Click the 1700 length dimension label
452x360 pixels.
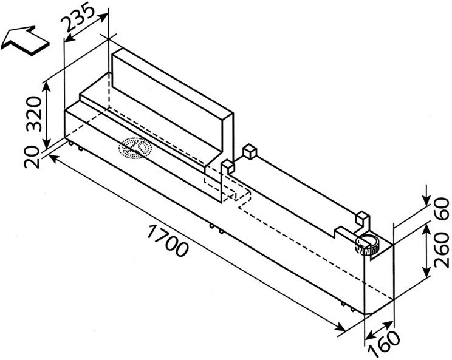pos(167,240)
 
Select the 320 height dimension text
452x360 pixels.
pos(34,114)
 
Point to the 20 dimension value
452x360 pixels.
pos(32,157)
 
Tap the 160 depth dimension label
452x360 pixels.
pos(385,344)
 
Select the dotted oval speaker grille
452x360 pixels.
pos(135,148)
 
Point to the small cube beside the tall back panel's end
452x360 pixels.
pos(228,167)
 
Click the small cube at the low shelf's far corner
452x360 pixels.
pos(249,152)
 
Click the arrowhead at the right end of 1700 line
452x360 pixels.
pos(341,328)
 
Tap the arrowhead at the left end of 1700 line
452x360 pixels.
pos(53,157)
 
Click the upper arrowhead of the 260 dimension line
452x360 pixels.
pos(426,229)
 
